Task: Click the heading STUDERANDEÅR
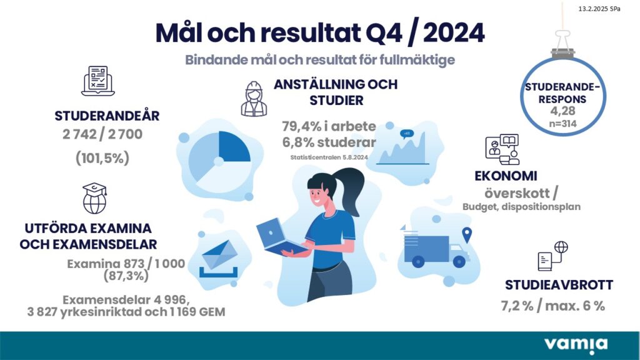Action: click(107, 115)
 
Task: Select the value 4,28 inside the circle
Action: click(562, 111)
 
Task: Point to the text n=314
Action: click(563, 123)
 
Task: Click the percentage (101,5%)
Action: click(102, 157)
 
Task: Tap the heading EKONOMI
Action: click(506, 176)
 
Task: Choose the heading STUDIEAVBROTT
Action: click(559, 284)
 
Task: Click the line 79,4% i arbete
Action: click(329, 126)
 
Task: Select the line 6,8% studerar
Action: click(329, 142)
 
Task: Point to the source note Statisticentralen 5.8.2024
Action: click(329, 157)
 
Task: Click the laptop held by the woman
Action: click(279, 237)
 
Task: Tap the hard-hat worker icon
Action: click(254, 99)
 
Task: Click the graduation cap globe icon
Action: click(95, 198)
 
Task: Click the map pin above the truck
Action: click(466, 235)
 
